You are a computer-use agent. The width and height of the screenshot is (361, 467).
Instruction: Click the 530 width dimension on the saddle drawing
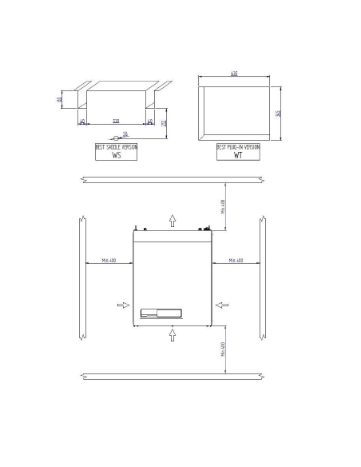click(x=117, y=121)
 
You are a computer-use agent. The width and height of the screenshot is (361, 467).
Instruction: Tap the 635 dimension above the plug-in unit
click(x=234, y=73)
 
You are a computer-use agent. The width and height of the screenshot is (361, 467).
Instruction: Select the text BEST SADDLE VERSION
click(x=117, y=147)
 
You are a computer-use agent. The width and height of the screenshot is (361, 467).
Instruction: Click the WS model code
click(x=117, y=157)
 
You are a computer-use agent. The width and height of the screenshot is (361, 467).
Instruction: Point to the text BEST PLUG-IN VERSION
click(x=238, y=147)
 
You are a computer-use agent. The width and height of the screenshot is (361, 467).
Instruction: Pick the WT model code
click(x=238, y=157)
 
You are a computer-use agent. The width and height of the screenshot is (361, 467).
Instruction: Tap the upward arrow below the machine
click(x=173, y=335)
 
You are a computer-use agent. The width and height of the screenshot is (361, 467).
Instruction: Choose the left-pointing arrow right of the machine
click(x=222, y=304)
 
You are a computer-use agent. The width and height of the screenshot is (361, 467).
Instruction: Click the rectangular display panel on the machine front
click(x=162, y=313)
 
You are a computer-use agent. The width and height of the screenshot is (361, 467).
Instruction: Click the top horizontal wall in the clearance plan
click(x=173, y=179)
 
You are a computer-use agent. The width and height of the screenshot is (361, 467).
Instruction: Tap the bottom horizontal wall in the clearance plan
click(x=173, y=376)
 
